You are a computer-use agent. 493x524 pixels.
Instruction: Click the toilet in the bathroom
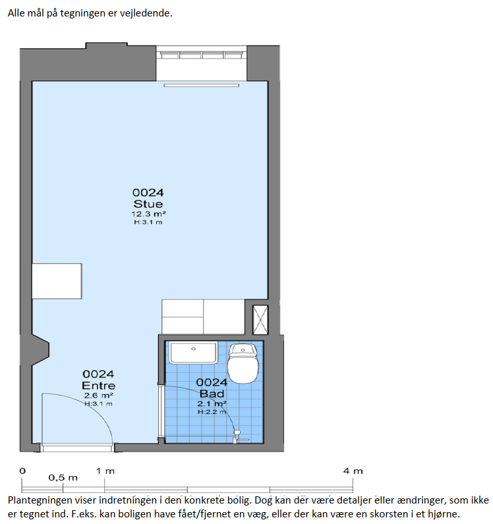click(x=243, y=363)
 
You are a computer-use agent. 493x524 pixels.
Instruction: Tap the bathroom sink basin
click(x=193, y=353)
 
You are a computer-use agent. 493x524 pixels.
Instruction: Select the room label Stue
click(x=148, y=204)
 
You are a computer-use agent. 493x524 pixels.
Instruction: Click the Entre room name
click(x=99, y=386)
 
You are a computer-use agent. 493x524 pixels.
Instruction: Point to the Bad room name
click(x=212, y=393)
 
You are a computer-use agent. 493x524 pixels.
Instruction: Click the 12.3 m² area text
click(x=148, y=214)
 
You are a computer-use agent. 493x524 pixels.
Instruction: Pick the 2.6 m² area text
click(x=99, y=395)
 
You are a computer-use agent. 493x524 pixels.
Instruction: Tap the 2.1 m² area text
click(x=212, y=403)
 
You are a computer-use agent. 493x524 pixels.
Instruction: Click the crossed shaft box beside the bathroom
click(x=260, y=320)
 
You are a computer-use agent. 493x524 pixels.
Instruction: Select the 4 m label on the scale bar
click(x=353, y=471)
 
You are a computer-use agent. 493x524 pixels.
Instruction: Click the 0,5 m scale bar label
click(x=63, y=478)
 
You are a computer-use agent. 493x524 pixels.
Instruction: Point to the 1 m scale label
click(x=105, y=471)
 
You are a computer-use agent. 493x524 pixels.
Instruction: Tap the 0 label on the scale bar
click(x=22, y=471)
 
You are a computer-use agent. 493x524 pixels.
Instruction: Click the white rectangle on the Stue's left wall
click(x=57, y=281)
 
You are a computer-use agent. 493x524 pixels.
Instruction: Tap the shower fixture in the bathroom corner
click(x=238, y=437)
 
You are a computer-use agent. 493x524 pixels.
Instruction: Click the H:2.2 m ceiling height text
click(x=212, y=412)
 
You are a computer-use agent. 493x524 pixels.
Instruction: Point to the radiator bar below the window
click(x=202, y=86)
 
